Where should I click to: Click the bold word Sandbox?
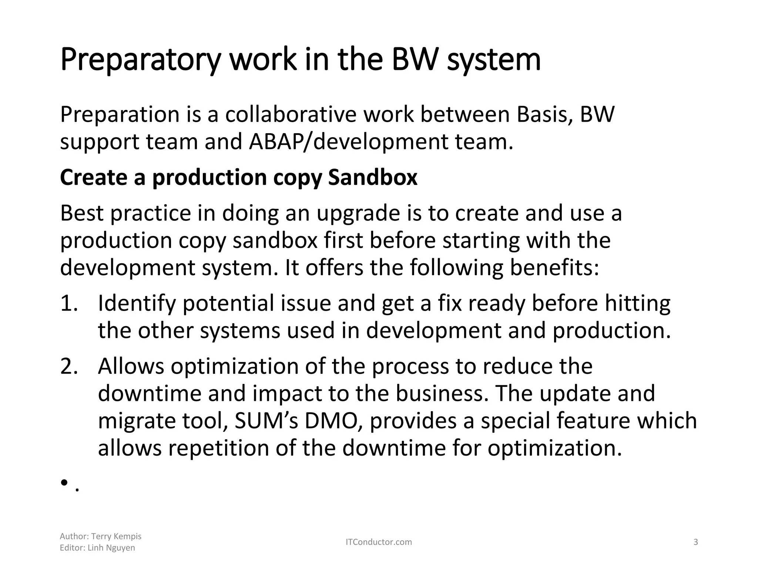373,177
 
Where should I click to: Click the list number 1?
69,303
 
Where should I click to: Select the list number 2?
69,366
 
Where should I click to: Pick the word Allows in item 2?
131,366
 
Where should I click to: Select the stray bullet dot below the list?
64,483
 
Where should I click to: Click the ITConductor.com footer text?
379,542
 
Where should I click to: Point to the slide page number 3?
695,542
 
